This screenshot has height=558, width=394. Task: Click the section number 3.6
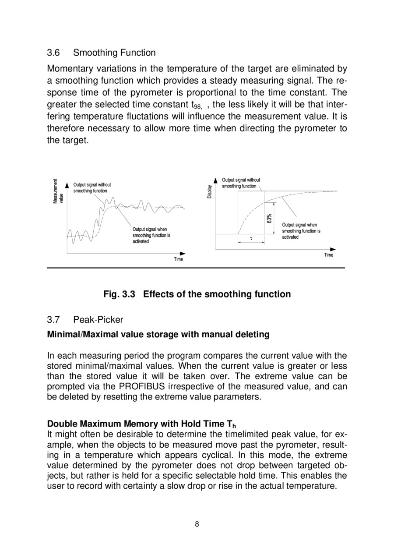pyautogui.click(x=53, y=53)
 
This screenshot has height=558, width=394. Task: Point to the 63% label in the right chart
pyautogui.click(x=270, y=218)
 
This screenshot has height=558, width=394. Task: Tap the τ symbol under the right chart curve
pyautogui.click(x=251, y=239)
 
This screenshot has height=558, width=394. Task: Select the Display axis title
pyautogui.click(x=210, y=191)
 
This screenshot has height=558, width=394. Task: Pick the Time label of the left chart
pyautogui.click(x=179, y=259)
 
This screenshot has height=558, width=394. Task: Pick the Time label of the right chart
pyautogui.click(x=329, y=255)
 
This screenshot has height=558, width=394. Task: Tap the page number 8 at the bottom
pyautogui.click(x=197, y=524)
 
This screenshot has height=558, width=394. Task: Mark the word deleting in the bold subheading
pyautogui.click(x=252, y=335)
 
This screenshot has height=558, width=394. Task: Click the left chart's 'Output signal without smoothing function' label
pyautogui.click(x=92, y=188)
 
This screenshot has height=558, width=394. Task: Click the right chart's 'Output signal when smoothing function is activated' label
pyautogui.click(x=301, y=231)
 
